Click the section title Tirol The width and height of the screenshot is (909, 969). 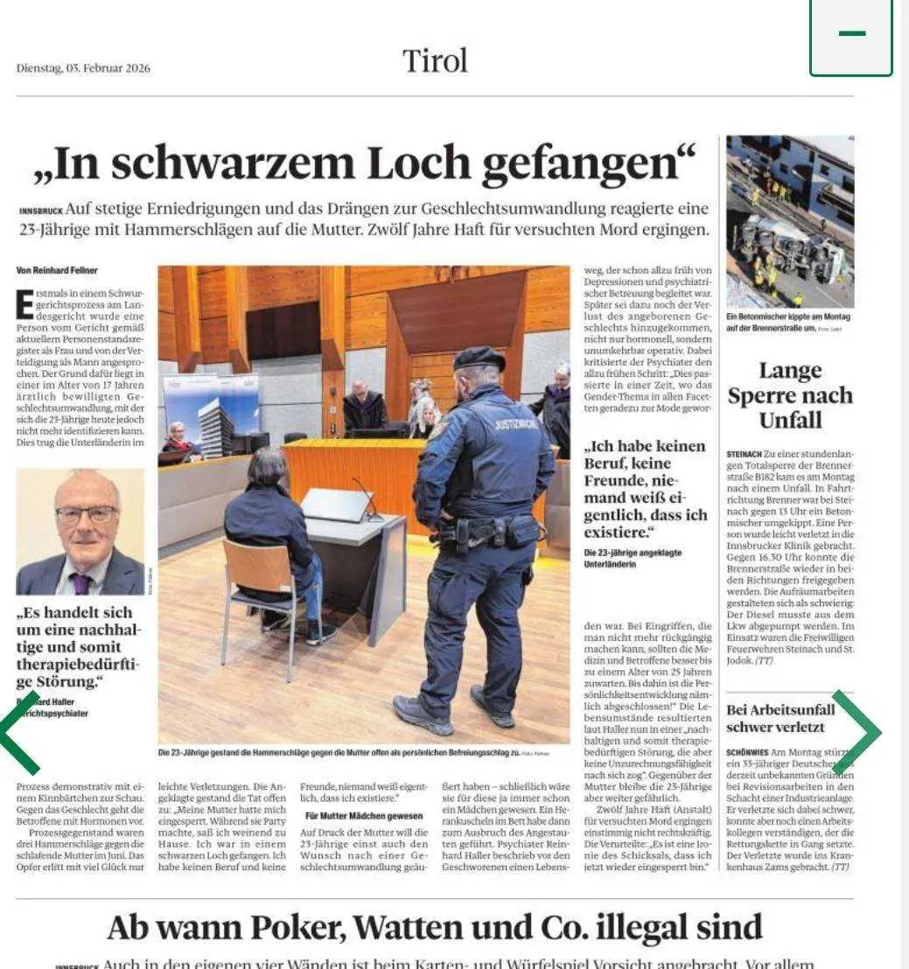coord(435,60)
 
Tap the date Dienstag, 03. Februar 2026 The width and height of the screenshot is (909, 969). coord(83,68)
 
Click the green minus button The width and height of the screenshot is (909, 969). coord(851,35)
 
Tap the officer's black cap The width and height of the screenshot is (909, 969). coord(479,359)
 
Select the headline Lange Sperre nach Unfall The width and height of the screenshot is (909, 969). coord(790,395)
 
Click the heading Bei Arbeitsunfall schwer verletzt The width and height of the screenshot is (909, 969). coord(780,717)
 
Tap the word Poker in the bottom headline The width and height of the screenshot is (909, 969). coord(353,926)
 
